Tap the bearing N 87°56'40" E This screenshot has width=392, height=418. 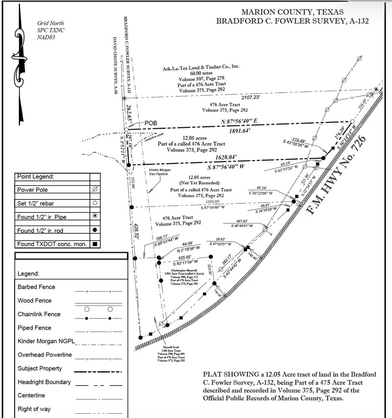coord(246,122)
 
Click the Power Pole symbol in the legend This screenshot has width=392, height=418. coord(96,190)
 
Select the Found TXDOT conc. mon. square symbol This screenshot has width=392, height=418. coord(96,244)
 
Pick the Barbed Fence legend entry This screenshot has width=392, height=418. coord(36,287)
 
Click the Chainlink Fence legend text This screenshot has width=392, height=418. coord(39,314)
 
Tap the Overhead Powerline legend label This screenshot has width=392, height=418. coord(45,355)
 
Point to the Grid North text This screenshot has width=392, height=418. coord(50,23)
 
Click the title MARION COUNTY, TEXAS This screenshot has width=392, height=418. coord(292,12)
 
